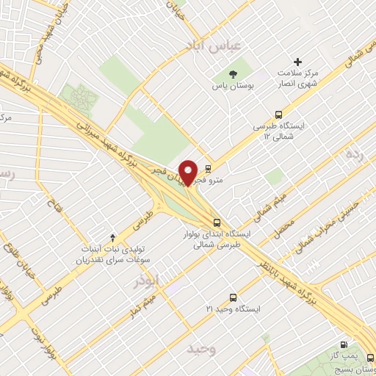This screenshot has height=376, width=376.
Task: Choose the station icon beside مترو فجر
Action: (x=209, y=167)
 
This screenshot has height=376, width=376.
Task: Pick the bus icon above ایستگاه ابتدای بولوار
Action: (x=216, y=221)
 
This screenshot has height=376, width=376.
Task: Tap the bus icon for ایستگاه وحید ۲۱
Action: (x=233, y=297)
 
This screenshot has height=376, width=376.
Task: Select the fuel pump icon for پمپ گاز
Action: (x=344, y=345)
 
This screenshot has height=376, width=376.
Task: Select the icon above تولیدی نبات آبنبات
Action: (x=112, y=236)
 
